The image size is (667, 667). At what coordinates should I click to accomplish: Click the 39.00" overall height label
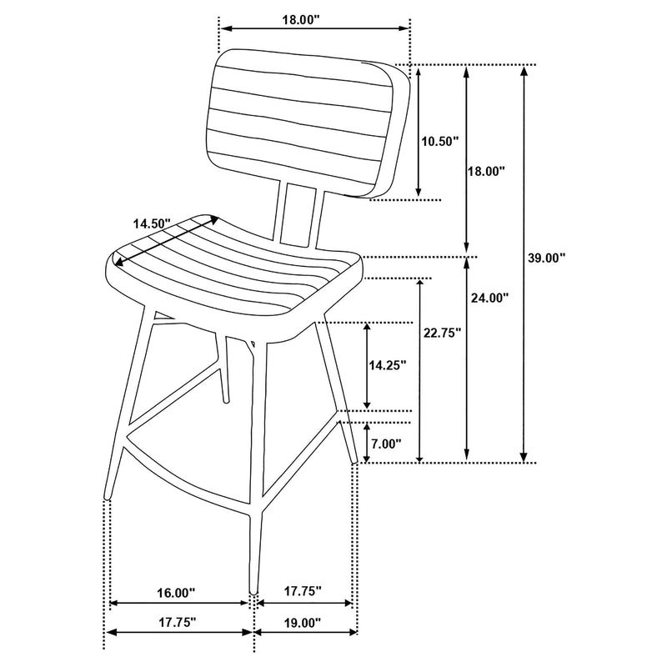click(546, 258)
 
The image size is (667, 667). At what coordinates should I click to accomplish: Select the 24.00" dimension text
click(489, 298)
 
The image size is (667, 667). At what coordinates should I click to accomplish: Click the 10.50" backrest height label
click(439, 142)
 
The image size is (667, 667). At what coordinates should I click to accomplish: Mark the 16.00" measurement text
click(174, 593)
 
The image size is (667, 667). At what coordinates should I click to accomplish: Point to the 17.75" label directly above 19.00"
click(301, 592)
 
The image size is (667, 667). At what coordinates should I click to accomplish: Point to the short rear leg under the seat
click(222, 367)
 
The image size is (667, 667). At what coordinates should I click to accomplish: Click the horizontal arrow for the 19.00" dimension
click(306, 633)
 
